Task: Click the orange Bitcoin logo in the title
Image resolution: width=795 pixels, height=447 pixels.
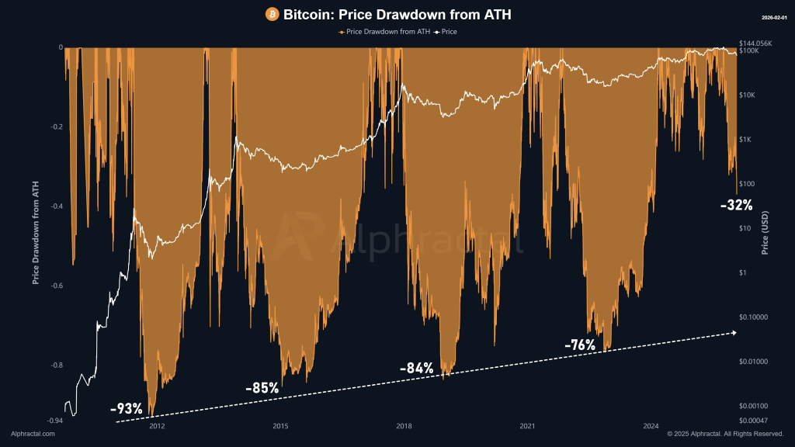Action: (272, 14)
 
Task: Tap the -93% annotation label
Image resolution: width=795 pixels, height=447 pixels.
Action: (127, 408)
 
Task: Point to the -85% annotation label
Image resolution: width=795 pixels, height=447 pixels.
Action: (262, 387)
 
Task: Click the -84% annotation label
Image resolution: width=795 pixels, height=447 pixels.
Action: (416, 368)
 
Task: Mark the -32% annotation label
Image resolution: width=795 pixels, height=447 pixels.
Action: (736, 206)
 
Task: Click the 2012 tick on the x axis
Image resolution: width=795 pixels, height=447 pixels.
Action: (156, 425)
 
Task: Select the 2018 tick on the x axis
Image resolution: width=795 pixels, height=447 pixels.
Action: (404, 425)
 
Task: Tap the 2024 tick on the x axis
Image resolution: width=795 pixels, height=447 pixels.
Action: (651, 425)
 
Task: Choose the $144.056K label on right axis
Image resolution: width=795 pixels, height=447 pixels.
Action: (756, 43)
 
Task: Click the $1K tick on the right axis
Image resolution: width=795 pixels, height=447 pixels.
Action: (748, 140)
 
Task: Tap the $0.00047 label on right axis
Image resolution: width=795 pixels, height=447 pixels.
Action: (754, 420)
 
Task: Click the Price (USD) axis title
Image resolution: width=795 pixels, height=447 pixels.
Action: (765, 233)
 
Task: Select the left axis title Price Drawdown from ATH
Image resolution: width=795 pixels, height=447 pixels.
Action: (35, 233)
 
